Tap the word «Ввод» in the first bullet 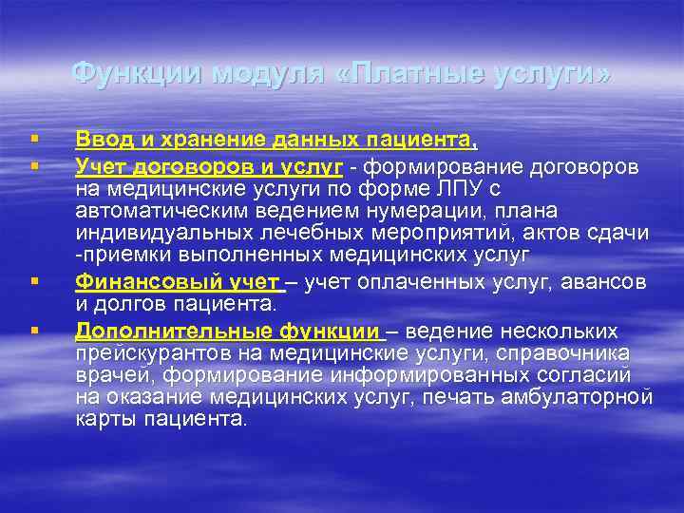pos(103,142)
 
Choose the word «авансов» pos(604,281)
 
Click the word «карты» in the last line pos(102,419)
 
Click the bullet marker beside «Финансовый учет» pos(33,282)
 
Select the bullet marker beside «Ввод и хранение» pos(33,142)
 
